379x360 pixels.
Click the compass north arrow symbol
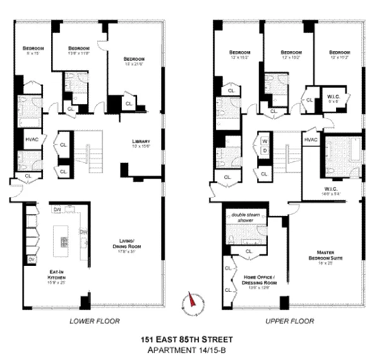pos(191,303)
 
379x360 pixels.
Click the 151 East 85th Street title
pos(189,339)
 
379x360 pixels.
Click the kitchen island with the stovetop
pos(63,241)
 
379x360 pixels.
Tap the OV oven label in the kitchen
pos(30,260)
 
